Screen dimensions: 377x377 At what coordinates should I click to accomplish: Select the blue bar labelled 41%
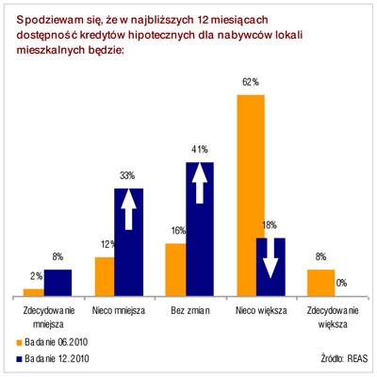(200, 229)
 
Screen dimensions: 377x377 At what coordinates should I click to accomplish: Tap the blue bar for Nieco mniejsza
(129, 242)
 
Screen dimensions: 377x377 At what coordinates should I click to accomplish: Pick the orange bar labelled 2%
(34, 292)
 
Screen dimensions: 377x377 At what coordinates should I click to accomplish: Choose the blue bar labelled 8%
(57, 283)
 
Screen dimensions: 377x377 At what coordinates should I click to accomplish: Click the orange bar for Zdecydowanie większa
(321, 283)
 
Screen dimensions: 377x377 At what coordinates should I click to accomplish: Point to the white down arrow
(270, 258)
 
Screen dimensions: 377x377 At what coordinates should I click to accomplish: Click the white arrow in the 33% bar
(128, 209)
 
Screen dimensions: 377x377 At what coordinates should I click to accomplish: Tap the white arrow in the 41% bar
(200, 183)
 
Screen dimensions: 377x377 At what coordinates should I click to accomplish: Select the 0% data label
(341, 283)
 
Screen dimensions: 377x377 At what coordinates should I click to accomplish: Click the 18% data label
(270, 225)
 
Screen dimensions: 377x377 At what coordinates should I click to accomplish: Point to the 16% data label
(179, 231)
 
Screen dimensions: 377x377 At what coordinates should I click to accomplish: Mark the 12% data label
(108, 244)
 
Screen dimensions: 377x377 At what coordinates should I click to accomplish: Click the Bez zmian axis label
(190, 311)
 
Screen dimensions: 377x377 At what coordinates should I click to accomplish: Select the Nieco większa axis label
(261, 311)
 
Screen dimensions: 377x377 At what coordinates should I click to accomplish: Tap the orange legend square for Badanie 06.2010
(19, 342)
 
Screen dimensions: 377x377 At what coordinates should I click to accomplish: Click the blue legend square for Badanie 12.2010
(19, 358)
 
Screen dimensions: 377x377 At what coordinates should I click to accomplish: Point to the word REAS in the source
(357, 358)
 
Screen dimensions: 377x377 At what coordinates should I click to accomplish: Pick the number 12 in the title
(204, 20)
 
